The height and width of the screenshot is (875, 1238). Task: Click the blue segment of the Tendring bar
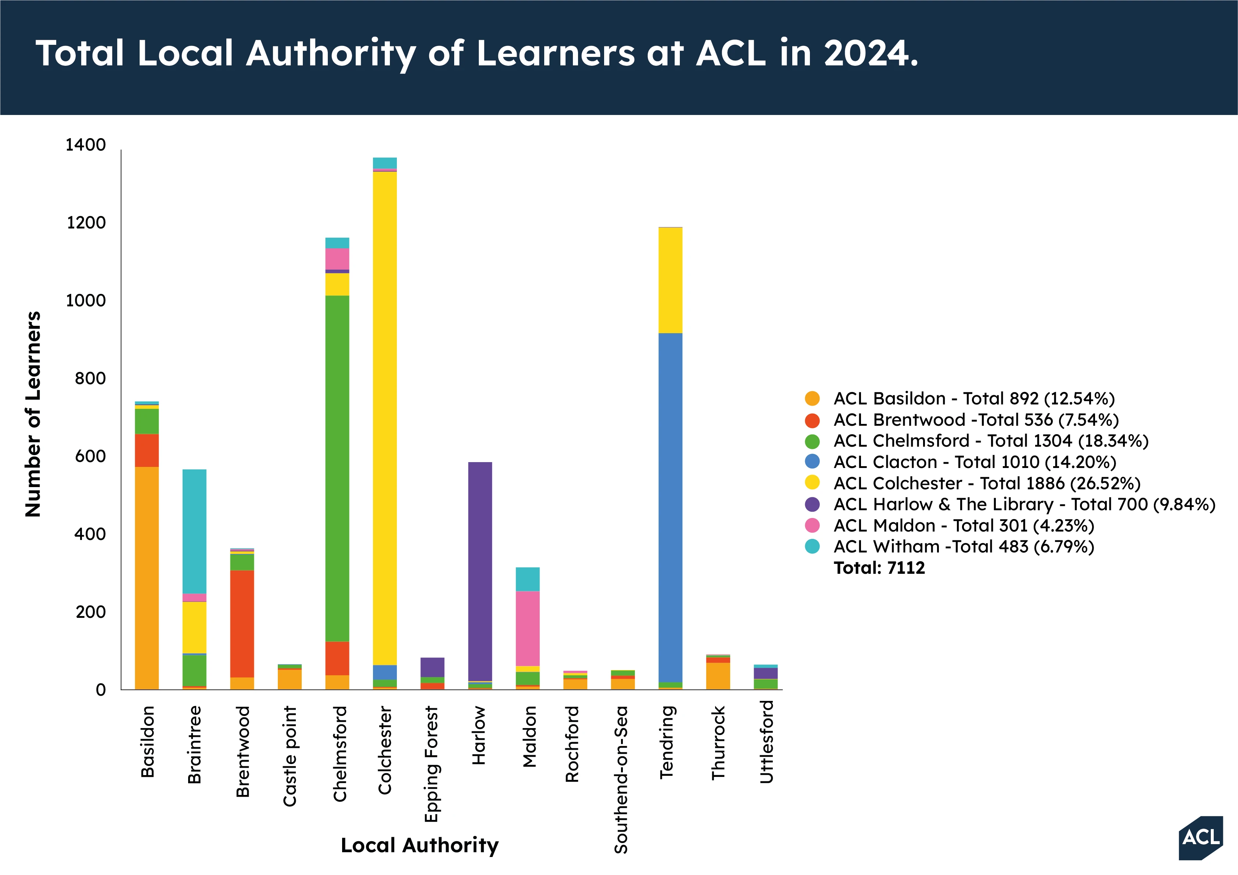pyautogui.click(x=670, y=507)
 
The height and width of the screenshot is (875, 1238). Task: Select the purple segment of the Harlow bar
pyautogui.click(x=480, y=572)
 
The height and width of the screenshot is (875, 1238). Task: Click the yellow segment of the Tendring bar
pyautogui.click(x=670, y=280)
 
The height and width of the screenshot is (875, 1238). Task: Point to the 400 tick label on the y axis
pyautogui.click(x=90, y=534)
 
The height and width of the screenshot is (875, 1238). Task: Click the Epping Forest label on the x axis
pyautogui.click(x=431, y=764)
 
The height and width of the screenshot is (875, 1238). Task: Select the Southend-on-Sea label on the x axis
pyautogui.click(x=622, y=779)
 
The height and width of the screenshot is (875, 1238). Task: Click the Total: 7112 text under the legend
pyautogui.click(x=879, y=568)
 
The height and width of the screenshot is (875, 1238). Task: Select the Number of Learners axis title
pyautogui.click(x=33, y=414)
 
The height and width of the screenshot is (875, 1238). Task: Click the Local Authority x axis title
pyautogui.click(x=420, y=845)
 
